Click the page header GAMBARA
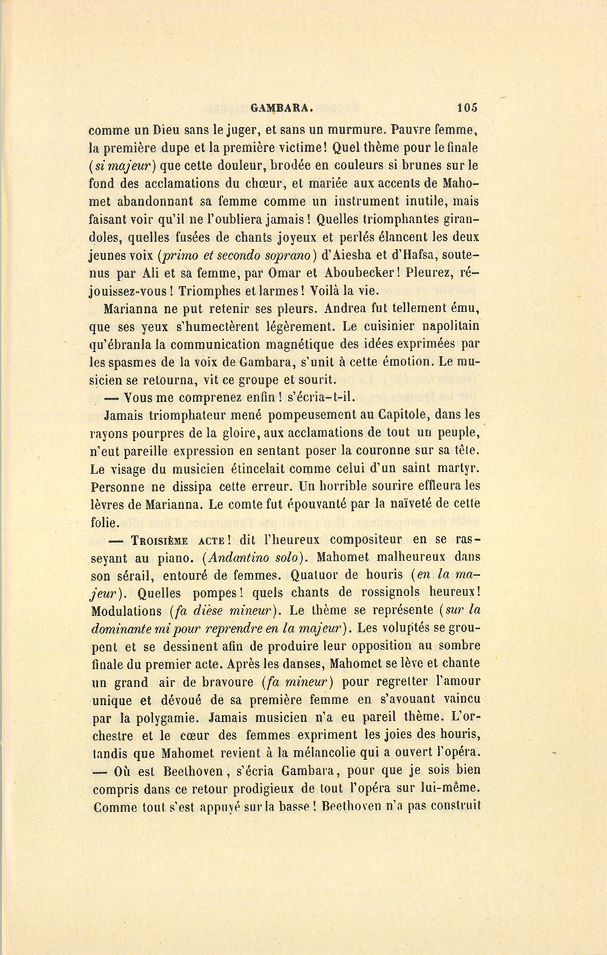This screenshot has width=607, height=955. click(281, 107)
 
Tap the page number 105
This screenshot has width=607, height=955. click(466, 107)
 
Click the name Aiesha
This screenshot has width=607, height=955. click(370, 256)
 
